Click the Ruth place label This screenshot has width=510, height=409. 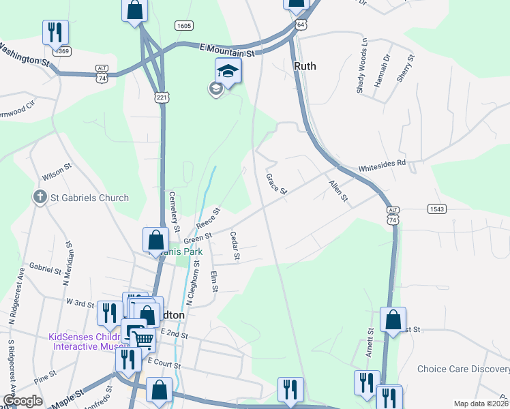point(306,66)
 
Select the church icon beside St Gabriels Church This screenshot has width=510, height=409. point(40,198)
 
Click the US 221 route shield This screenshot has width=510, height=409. point(162,97)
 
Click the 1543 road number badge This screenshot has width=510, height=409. point(437,209)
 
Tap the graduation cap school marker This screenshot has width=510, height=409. point(228,70)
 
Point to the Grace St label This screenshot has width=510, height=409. point(276,184)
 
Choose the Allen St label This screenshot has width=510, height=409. point(338,192)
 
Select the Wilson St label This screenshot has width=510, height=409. point(58,166)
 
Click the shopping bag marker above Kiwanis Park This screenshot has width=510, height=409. point(155,239)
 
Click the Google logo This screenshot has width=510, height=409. point(22,401)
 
